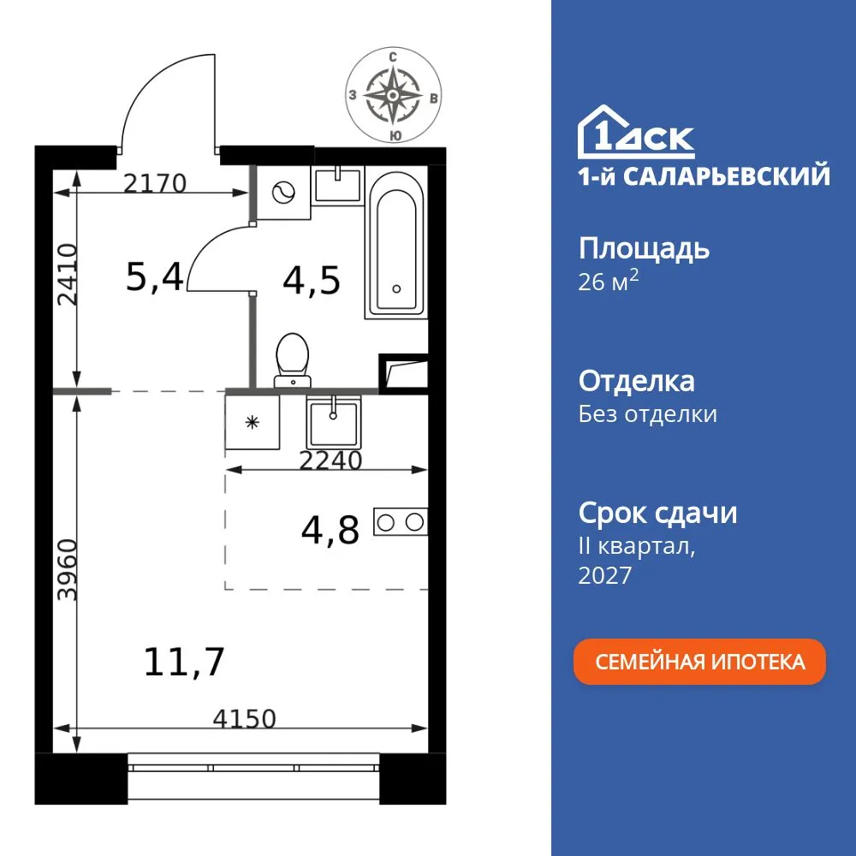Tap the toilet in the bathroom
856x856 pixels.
click(293, 359)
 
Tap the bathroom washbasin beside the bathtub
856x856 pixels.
click(338, 184)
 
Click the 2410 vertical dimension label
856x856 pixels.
click(68, 273)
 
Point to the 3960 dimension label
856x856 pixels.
click(68, 570)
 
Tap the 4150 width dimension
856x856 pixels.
click(245, 719)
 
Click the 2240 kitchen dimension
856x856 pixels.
click(331, 461)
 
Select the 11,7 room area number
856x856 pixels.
click(186, 662)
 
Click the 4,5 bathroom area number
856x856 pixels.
click(312, 280)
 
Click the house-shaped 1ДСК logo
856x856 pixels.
click(637, 132)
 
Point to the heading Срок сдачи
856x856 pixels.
click(657, 514)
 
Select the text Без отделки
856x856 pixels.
click(648, 414)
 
